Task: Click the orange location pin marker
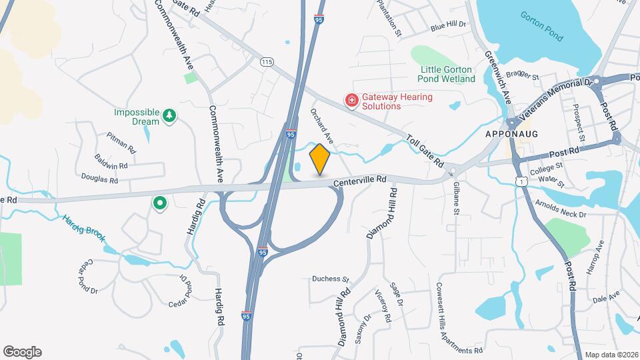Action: pyautogui.click(x=320, y=159)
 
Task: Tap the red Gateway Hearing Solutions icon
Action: pyautogui.click(x=351, y=101)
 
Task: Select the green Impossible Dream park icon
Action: pyautogui.click(x=170, y=116)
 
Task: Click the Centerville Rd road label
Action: pyautogui.click(x=361, y=179)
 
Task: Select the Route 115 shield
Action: pyautogui.click(x=267, y=61)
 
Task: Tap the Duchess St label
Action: pyautogui.click(x=331, y=279)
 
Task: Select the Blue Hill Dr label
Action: pyautogui.click(x=447, y=25)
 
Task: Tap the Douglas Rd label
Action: pyautogui.click(x=99, y=179)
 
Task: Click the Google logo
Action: pyautogui.click(x=22, y=351)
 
